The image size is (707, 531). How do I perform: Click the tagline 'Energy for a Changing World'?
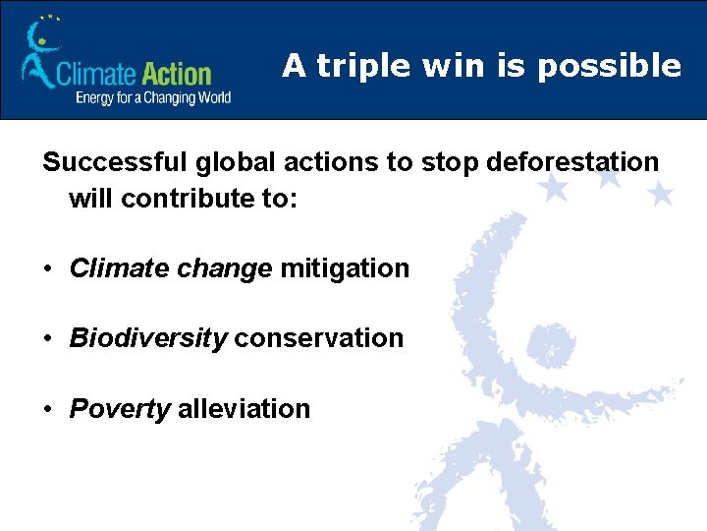[153, 97]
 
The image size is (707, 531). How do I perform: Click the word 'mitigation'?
[345, 267]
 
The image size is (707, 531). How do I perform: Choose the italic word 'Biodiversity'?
[148, 338]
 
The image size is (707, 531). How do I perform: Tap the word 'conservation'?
[319, 338]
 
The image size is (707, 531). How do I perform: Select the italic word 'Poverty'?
[120, 409]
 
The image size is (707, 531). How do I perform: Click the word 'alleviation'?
[244, 409]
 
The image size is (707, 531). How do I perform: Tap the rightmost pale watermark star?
[661, 194]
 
